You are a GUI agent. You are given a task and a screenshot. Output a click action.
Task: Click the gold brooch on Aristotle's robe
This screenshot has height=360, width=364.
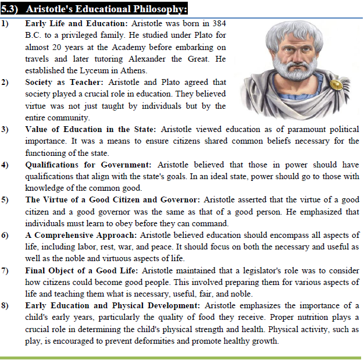point(336,85)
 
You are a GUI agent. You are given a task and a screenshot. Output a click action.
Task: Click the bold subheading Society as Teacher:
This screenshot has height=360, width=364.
point(65,83)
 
